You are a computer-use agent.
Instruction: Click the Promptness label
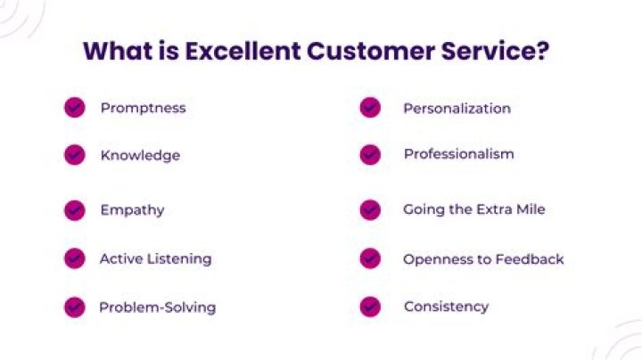(143, 108)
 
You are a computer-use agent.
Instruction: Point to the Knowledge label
(140, 155)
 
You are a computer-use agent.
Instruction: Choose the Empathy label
(132, 210)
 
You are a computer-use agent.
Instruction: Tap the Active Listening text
(155, 258)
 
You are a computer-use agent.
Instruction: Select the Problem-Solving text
(157, 307)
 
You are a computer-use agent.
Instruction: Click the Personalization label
(457, 108)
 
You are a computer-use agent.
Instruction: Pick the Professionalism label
(458, 154)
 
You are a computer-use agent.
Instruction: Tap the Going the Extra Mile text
(473, 210)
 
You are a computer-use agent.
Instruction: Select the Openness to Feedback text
(483, 258)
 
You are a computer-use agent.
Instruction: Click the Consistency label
(446, 307)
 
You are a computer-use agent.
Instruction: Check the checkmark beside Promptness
(74, 108)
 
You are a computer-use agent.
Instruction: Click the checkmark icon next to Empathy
(74, 210)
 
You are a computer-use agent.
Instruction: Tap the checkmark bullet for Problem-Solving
(74, 307)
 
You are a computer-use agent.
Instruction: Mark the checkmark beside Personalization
(370, 108)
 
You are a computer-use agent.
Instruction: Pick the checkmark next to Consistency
(370, 307)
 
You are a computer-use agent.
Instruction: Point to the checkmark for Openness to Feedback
(370, 258)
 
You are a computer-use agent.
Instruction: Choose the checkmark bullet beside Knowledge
(74, 155)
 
